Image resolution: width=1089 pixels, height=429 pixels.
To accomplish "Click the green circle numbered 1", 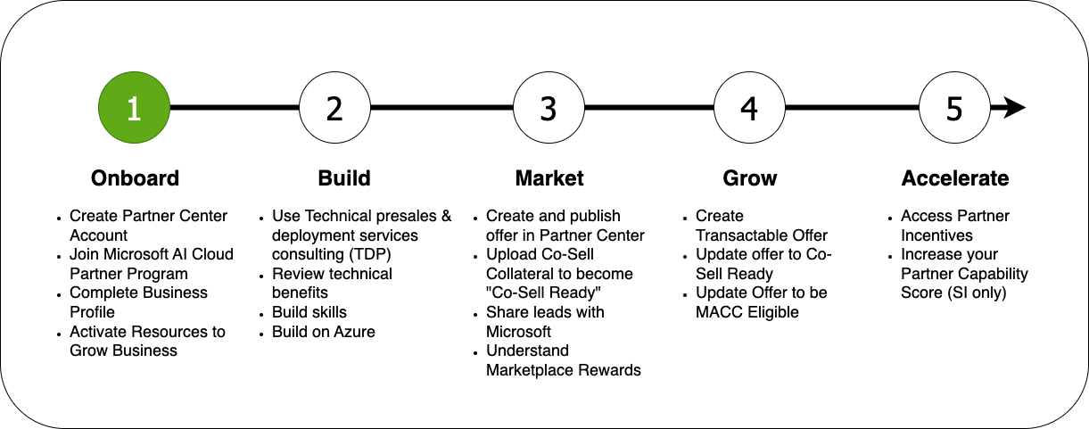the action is (x=134, y=108).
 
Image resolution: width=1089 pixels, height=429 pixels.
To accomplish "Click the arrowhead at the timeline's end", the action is (x=1015, y=108).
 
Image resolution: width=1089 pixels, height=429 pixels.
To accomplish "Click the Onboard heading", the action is (x=136, y=178).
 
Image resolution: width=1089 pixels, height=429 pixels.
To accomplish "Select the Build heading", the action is (x=344, y=178).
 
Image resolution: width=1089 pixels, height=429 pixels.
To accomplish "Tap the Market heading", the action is (x=549, y=178).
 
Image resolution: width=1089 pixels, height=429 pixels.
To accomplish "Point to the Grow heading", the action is (x=750, y=178).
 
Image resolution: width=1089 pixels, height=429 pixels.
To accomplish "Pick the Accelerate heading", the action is (x=955, y=178).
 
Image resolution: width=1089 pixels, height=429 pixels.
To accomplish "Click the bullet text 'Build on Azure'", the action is (x=323, y=332).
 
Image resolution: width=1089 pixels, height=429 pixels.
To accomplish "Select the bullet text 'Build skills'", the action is (x=309, y=312).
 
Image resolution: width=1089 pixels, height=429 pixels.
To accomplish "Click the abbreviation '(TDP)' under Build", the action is (x=370, y=254).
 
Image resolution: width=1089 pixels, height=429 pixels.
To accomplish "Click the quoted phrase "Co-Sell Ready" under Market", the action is (x=543, y=293).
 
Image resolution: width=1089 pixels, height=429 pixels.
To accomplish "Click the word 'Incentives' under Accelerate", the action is (x=936, y=235).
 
